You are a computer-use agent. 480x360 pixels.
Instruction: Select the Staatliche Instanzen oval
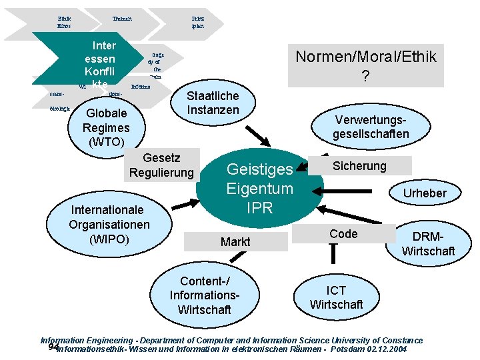click(x=213, y=101)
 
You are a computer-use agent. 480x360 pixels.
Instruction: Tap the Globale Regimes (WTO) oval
click(x=106, y=127)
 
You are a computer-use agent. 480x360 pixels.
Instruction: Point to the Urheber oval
click(x=425, y=193)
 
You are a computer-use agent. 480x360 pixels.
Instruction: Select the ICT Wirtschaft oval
click(x=336, y=297)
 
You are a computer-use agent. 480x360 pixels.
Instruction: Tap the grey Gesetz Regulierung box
click(x=162, y=165)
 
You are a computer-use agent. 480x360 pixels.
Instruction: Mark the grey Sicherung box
click(x=360, y=165)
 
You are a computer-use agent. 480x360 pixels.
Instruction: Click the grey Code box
click(x=344, y=233)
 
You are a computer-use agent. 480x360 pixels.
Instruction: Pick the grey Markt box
click(x=235, y=241)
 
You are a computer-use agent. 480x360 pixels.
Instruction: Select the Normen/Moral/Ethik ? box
click(x=366, y=66)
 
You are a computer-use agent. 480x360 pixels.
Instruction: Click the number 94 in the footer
click(x=53, y=347)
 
